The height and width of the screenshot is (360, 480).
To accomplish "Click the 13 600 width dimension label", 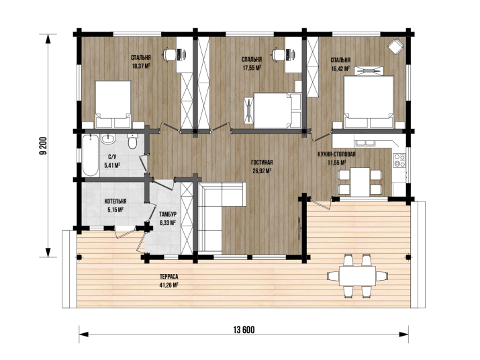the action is click(x=244, y=330).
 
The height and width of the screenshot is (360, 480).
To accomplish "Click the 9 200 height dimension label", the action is click(x=44, y=145).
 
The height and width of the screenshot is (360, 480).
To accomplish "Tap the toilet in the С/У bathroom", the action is click(x=132, y=140).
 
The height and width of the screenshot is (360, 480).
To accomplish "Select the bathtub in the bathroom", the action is click(x=91, y=155).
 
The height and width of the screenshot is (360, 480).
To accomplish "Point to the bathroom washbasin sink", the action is click(x=108, y=139).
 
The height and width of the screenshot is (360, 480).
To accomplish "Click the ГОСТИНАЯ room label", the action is click(x=262, y=163).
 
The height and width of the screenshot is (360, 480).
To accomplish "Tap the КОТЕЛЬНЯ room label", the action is click(x=115, y=201).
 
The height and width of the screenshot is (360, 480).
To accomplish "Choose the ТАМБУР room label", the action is click(x=168, y=214).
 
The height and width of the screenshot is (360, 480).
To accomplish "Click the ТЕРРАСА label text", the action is click(x=169, y=277).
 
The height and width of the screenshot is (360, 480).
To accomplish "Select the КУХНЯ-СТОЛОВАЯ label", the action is click(x=336, y=154).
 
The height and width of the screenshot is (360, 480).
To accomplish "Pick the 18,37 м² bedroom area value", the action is click(x=141, y=66).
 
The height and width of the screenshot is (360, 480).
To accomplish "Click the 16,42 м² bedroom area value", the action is click(x=340, y=69).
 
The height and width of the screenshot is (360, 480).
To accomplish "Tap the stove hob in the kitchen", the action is click(x=399, y=161).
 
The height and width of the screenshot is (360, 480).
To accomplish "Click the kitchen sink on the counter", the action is click(x=365, y=143).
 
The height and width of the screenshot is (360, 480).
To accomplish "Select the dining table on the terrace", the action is click(x=358, y=276).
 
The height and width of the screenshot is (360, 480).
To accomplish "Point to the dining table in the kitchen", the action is click(x=360, y=182).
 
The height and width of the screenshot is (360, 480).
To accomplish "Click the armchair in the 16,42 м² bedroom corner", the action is click(x=396, y=46).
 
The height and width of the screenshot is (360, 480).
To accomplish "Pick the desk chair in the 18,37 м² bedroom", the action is click(x=169, y=54).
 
